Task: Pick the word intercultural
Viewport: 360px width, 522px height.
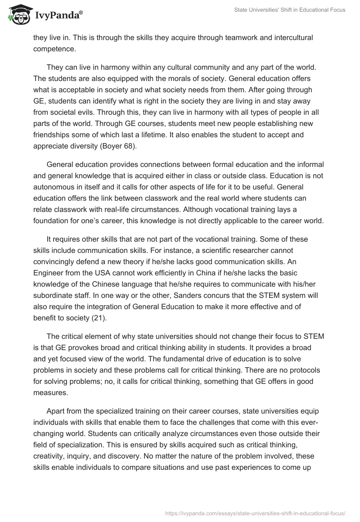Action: (287, 37)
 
